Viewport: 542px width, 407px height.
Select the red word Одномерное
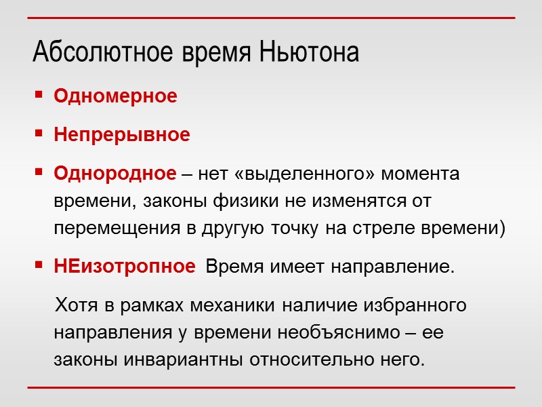pos(115,96)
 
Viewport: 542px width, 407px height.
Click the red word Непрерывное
pos(122,135)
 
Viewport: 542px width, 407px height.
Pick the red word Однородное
pos(114,174)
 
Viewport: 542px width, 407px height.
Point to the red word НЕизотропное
pos(124,267)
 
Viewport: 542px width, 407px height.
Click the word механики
pos(234,305)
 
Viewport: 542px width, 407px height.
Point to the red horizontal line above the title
pos(271,18)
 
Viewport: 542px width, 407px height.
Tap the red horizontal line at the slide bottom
pos(271,388)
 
